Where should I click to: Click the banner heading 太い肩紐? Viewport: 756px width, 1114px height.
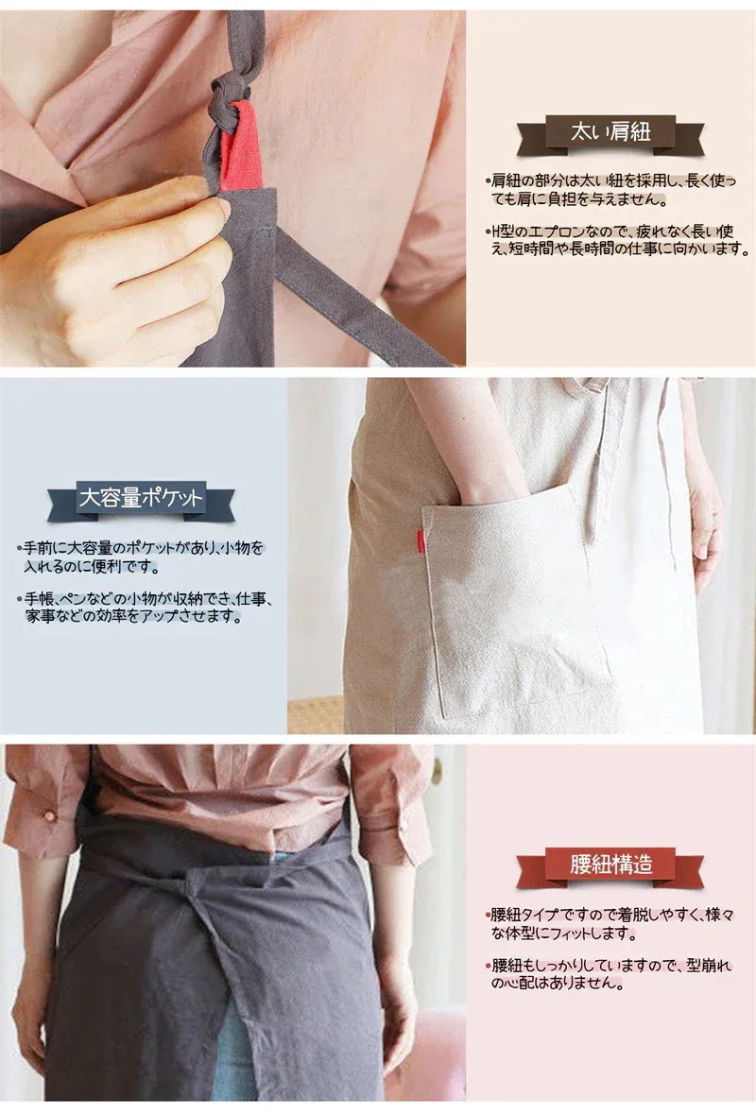coord(610,132)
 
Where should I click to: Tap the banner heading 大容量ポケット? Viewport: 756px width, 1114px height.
coord(141,497)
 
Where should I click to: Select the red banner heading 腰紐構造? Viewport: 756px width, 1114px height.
coord(610,865)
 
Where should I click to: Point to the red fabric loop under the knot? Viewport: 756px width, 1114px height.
coord(240,149)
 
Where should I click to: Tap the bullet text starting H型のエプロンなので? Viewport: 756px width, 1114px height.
coord(617,239)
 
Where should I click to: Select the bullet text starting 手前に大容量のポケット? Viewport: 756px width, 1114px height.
coord(142,557)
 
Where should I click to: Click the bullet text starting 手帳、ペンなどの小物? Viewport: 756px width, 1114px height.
coord(146,608)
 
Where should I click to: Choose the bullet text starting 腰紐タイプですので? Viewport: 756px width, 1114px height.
coord(611,923)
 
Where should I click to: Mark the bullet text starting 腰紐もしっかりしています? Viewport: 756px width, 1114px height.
coord(611,974)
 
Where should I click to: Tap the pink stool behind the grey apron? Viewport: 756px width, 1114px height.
coord(426,1052)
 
